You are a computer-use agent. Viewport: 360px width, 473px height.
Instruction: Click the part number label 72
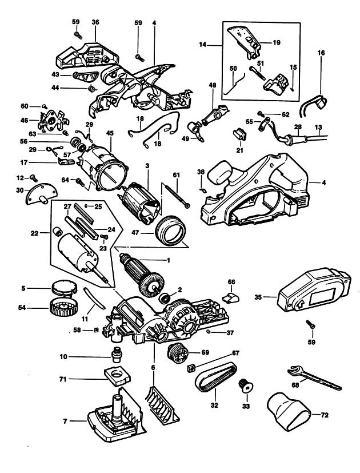coord(325,415)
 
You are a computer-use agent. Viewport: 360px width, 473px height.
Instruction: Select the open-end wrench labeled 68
coord(314,377)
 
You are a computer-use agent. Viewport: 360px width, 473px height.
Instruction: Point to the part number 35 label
coord(258,297)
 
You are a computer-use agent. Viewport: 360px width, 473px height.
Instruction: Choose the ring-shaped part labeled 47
coord(170,230)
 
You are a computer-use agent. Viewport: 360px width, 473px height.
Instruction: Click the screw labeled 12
coord(34,178)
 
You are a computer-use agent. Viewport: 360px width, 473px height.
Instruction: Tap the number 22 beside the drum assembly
coord(35,233)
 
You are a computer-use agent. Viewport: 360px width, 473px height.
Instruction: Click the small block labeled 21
coord(240,134)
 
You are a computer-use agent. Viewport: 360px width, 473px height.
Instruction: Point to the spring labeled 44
coord(91,88)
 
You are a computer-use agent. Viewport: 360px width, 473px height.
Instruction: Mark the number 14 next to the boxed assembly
coord(203,45)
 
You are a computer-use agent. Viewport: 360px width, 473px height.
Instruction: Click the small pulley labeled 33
coord(246,386)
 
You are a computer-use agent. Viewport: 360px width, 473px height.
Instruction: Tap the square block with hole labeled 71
coord(117,376)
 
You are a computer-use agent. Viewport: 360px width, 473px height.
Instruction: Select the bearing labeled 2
coord(165,299)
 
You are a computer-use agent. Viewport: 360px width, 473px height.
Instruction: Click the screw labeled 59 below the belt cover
coord(310,325)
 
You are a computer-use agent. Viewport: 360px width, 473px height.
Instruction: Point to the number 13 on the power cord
coord(319,127)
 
